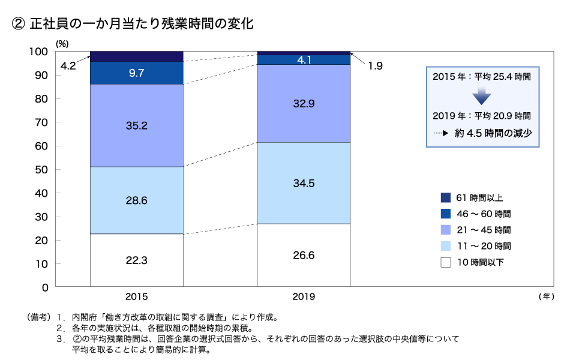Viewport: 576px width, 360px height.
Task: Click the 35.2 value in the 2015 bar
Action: pyautogui.click(x=137, y=125)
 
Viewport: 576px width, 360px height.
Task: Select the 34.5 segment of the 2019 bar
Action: pyautogui.click(x=304, y=183)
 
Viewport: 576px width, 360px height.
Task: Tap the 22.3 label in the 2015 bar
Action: pyautogui.click(x=137, y=260)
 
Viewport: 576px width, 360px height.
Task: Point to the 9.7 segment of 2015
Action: pyautogui.click(x=137, y=73)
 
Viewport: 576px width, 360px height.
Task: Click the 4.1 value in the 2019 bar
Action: pyautogui.click(x=304, y=59)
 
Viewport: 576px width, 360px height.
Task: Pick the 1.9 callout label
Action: pyautogui.click(x=375, y=65)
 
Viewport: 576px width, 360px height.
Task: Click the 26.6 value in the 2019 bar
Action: pyautogui.click(x=304, y=255)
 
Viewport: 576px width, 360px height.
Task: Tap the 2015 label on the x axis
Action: pyautogui.click(x=137, y=296)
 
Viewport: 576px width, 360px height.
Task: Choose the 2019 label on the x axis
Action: pyautogui.click(x=304, y=296)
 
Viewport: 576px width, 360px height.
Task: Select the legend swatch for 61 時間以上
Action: pyautogui.click(x=445, y=197)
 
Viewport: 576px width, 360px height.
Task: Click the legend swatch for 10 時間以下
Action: pyautogui.click(x=445, y=262)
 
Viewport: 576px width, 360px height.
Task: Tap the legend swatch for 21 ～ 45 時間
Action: pyautogui.click(x=445, y=230)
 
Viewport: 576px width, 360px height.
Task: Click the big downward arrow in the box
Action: pyautogui.click(x=481, y=96)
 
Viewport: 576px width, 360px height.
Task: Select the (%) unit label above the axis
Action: pyautogui.click(x=62, y=43)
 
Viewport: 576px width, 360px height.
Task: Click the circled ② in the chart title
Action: pyautogui.click(x=18, y=24)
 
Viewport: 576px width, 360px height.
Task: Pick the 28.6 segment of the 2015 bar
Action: pyautogui.click(x=137, y=200)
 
